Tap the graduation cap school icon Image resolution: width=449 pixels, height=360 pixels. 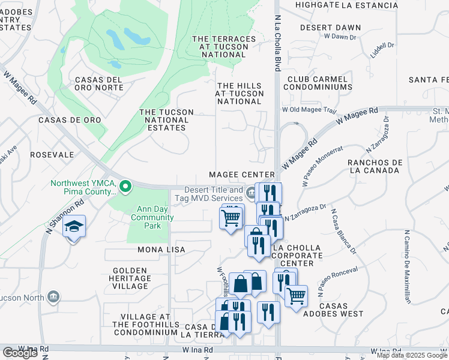[74, 227]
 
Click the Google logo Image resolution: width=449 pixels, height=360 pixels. [20, 353]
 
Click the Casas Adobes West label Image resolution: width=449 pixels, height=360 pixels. [342, 310]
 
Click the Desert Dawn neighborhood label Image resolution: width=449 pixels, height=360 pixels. [330, 28]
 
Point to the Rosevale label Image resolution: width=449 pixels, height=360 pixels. [52, 155]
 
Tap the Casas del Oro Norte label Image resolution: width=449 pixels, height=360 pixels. [99, 84]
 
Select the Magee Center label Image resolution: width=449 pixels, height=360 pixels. [241, 175]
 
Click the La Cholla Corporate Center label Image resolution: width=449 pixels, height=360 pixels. [297, 256]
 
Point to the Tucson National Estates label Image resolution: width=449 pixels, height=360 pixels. [166, 120]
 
